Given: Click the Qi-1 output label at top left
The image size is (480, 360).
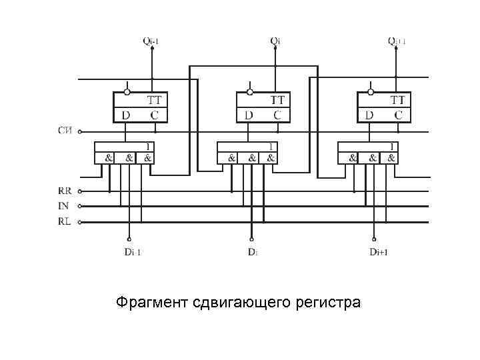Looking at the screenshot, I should click(x=151, y=41).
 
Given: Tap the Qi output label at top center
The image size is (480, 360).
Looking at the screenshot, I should click(x=275, y=41).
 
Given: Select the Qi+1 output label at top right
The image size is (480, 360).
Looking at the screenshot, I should click(x=397, y=41).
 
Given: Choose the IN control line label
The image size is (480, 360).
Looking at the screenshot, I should click(x=63, y=206).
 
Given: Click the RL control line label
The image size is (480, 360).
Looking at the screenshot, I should click(x=64, y=221).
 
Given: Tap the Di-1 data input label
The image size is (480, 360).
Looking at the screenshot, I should click(x=133, y=252).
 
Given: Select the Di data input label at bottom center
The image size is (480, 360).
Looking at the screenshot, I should click(x=253, y=252).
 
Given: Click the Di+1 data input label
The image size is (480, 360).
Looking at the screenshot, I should click(x=378, y=252).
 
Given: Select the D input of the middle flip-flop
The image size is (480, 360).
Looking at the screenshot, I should click(x=249, y=115).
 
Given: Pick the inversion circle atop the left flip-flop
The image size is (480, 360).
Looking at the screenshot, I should click(x=127, y=91).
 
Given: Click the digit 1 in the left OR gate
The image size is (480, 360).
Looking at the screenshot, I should click(x=148, y=146).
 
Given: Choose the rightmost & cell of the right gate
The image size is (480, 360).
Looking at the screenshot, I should click(x=391, y=159).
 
